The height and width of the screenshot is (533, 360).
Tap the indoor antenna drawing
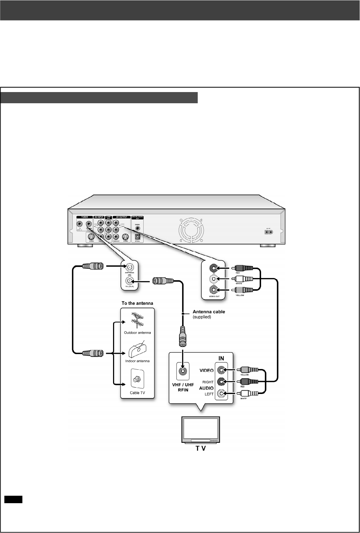click(137, 350)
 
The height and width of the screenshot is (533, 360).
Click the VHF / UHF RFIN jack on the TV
click(183, 371)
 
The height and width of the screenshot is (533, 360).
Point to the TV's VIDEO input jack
click(222, 370)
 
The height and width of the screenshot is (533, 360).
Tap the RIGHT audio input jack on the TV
click(222, 382)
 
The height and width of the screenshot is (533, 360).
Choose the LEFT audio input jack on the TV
click(222, 394)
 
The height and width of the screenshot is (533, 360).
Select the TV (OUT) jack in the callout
click(129, 281)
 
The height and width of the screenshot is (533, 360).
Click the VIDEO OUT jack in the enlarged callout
click(213, 290)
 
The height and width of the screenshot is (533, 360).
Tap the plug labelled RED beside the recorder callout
click(242, 268)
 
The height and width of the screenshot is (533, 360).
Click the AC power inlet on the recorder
click(268, 231)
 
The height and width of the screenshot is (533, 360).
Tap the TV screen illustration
click(200, 429)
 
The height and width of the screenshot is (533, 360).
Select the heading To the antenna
click(137, 303)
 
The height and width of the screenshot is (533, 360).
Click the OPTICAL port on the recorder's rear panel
click(137, 236)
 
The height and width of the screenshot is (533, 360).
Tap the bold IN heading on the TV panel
click(221, 359)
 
